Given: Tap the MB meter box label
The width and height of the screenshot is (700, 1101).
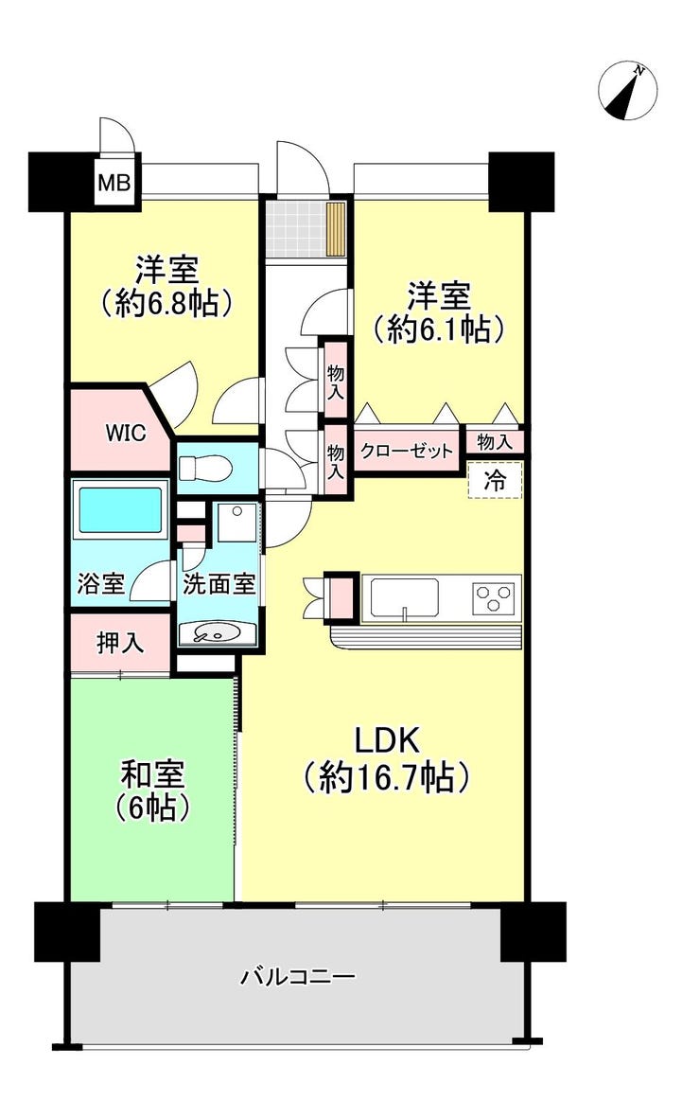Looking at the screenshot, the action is [114, 184].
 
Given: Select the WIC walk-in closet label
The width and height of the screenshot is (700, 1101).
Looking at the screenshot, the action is [126, 433].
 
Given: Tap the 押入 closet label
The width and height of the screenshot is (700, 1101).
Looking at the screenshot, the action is [121, 642].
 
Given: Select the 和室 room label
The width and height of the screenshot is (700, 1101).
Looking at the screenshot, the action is [152, 775].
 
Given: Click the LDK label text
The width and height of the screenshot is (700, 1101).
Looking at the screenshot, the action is [386, 741].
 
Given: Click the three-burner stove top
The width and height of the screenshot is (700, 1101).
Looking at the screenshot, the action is [496, 599].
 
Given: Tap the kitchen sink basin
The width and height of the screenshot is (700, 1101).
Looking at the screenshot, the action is [405, 598].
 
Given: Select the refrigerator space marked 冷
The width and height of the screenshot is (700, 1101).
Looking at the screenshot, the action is [495, 480].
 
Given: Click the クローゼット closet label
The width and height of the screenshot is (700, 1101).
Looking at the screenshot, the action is [407, 450].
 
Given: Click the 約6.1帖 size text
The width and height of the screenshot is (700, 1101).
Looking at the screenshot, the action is [438, 329].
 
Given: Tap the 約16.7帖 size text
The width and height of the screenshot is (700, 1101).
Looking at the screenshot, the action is [386, 777].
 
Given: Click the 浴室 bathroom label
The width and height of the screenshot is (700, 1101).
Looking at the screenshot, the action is [101, 583].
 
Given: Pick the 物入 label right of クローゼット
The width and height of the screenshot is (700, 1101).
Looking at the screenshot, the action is [495, 442].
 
